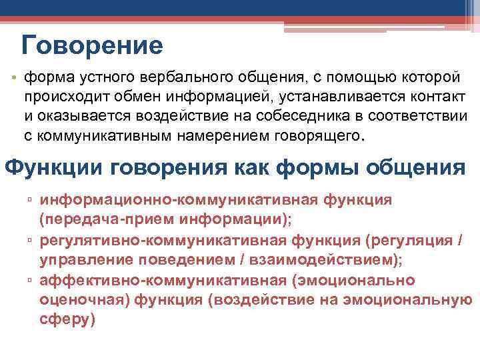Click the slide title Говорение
(92, 45)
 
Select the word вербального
(183, 79)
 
